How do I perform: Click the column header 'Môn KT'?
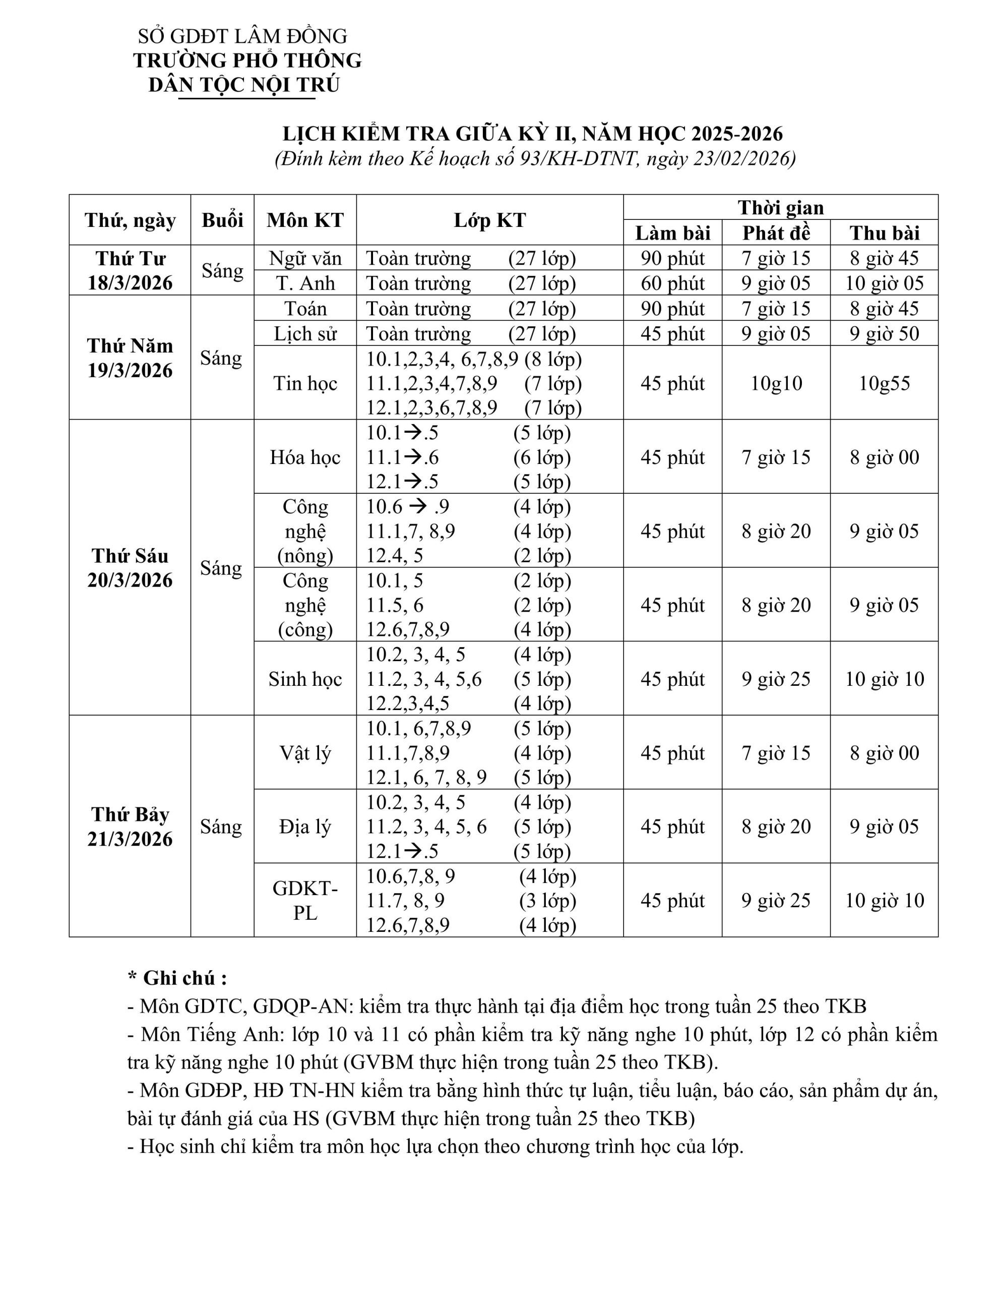coord(305,220)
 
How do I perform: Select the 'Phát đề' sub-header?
coord(775,233)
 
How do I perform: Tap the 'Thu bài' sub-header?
coord(884,233)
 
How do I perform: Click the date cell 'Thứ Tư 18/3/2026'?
coord(130,270)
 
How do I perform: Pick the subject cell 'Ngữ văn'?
coord(305,258)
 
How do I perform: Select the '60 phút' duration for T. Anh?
coord(672,283)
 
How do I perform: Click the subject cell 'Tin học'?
coord(305,383)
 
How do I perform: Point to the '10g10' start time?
coord(776,383)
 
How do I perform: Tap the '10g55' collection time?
coord(884,383)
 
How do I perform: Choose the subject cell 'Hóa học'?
coord(305,457)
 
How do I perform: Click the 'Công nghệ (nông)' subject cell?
coord(305,531)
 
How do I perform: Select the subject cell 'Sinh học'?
coord(305,679)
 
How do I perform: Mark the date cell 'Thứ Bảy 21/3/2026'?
coord(130,827)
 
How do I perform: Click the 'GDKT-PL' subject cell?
coord(305,900)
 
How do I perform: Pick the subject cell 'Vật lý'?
coord(305,752)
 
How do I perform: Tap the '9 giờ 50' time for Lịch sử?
coord(884,333)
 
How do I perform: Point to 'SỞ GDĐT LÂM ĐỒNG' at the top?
coord(242,36)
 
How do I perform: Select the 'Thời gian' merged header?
coord(780,207)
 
